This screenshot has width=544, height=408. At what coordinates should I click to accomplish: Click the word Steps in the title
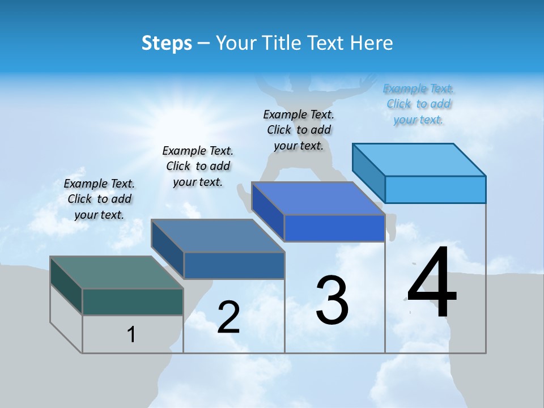[167, 43]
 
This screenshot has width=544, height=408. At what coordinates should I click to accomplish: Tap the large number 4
[432, 283]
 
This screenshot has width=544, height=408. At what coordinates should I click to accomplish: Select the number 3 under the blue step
[332, 300]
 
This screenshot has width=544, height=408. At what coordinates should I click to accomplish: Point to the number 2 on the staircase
[228, 317]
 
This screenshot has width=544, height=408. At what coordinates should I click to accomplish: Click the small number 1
[131, 334]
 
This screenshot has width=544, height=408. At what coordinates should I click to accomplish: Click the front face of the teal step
[133, 301]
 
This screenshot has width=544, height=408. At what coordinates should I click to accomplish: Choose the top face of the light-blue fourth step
[419, 159]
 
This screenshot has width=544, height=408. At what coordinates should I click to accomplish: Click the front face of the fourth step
[435, 189]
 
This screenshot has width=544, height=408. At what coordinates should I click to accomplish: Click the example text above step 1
[99, 199]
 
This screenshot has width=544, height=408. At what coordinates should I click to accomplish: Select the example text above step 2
[198, 166]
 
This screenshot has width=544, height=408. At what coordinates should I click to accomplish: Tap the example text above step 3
[299, 130]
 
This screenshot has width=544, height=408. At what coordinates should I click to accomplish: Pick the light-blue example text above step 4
[418, 104]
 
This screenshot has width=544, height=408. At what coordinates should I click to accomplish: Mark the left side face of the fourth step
[369, 173]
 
